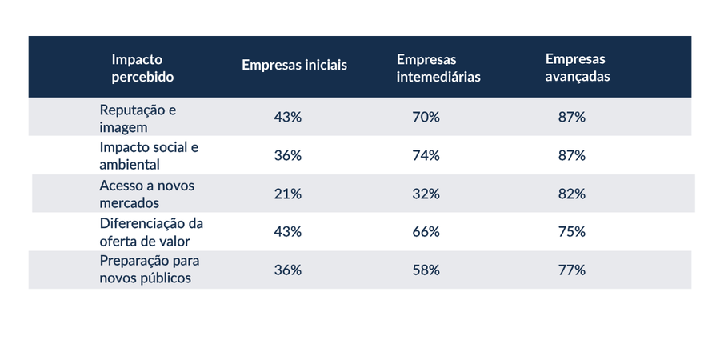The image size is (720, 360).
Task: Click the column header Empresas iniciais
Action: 294,66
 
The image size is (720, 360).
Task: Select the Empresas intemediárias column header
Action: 438,68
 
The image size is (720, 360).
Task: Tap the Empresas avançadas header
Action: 578,67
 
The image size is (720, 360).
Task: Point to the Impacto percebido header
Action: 143,68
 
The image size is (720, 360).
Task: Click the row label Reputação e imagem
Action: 138,118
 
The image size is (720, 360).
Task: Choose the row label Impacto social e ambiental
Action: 150,156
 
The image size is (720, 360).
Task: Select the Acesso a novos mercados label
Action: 147,194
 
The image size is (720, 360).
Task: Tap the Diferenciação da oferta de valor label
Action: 151,232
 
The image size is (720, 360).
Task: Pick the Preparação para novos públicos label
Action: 150,270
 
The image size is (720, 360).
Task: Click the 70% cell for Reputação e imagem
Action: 426,118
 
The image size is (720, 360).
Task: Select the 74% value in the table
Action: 426,156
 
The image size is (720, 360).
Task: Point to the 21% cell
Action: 288,194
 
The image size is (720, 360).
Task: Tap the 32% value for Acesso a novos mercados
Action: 426,194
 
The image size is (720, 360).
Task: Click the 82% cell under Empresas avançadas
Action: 572,194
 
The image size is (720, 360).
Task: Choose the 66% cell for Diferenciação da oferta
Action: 426,232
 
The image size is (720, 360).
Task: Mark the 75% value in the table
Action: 572,232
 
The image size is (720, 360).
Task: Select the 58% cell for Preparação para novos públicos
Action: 426,270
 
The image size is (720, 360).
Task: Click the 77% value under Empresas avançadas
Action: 572,270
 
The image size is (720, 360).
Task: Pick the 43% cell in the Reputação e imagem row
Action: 288,118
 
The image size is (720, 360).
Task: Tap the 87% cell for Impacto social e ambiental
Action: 572,156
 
